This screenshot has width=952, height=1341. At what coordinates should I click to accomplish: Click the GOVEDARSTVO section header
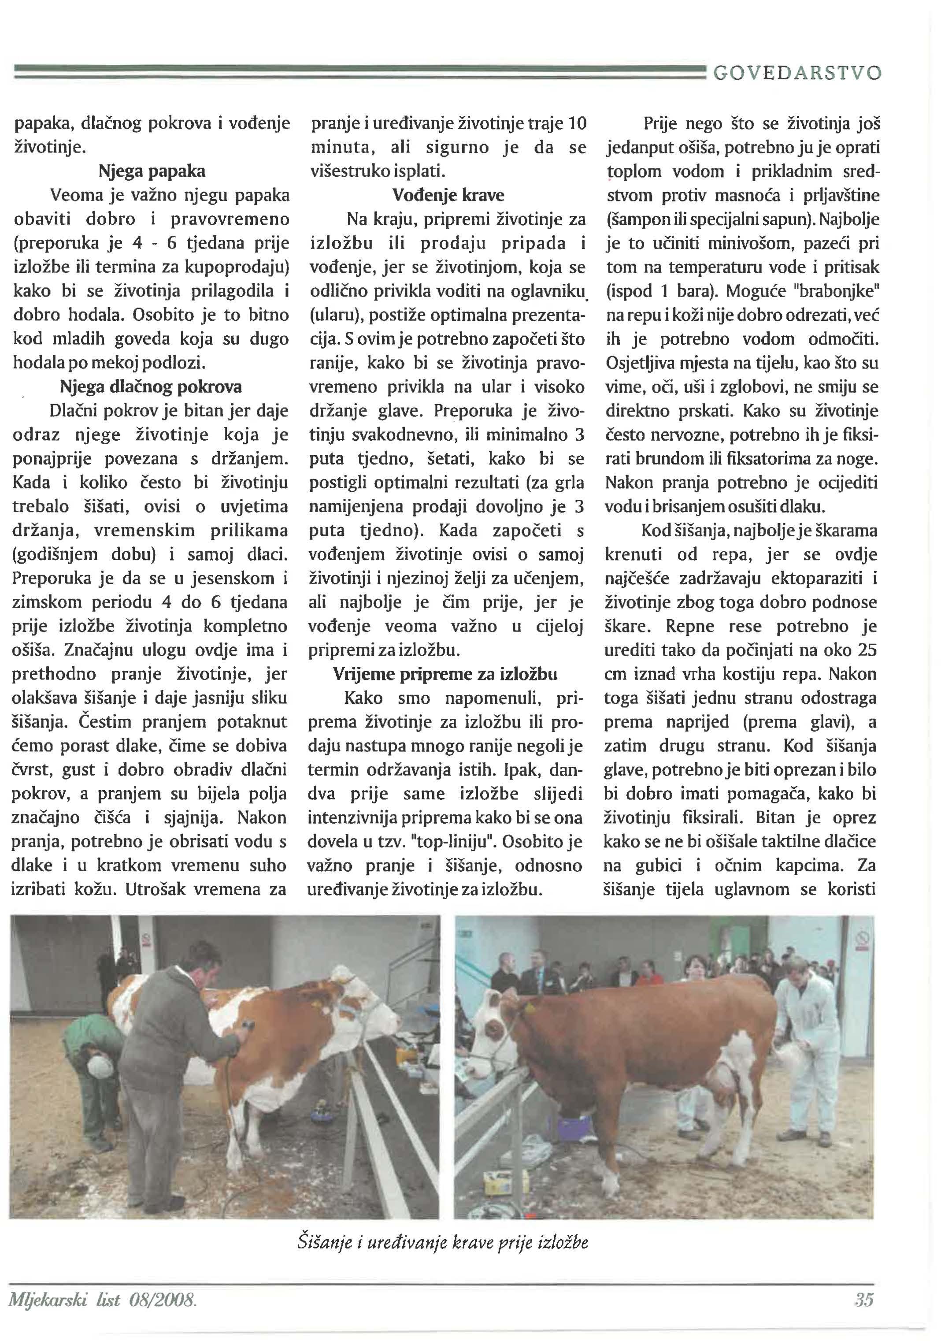(797, 73)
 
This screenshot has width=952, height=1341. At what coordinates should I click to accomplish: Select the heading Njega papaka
(152, 172)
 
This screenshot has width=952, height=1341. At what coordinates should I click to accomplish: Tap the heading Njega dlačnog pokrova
(151, 387)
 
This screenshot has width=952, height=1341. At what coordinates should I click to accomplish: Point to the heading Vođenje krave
(448, 195)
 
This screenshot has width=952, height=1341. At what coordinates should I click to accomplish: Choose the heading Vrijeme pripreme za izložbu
(445, 674)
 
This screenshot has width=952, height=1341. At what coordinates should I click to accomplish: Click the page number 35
(864, 1300)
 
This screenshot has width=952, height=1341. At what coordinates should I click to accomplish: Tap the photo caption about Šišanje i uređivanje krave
(443, 1242)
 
